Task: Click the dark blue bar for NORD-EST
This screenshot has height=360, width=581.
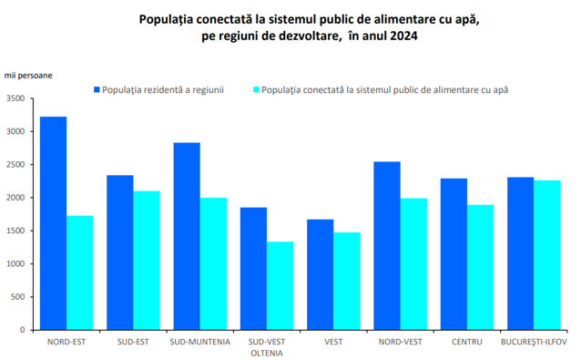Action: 54,223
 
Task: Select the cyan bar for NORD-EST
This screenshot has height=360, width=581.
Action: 80,273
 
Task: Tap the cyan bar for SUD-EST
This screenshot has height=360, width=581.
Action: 147,261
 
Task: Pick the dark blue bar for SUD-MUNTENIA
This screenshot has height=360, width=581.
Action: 187,236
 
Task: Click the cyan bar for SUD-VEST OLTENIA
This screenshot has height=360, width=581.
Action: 280,286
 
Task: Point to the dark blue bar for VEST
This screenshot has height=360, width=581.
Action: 321,274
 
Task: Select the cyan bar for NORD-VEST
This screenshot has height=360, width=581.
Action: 413,264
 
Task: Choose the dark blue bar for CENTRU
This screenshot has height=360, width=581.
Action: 454,254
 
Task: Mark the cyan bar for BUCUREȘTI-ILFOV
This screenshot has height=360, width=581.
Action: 547,255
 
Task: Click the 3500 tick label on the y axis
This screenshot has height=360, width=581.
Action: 15,98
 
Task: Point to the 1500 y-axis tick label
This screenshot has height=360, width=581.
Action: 15,231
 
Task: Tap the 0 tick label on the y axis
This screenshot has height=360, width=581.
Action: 23,330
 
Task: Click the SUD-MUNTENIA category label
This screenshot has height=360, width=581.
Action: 200,342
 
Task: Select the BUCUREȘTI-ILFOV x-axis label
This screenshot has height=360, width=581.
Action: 534,342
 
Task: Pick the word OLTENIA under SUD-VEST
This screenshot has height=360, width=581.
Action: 267,354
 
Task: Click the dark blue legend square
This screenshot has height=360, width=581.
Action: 97,89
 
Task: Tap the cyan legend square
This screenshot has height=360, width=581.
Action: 257,89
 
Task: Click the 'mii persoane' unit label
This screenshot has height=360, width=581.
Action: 28,76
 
